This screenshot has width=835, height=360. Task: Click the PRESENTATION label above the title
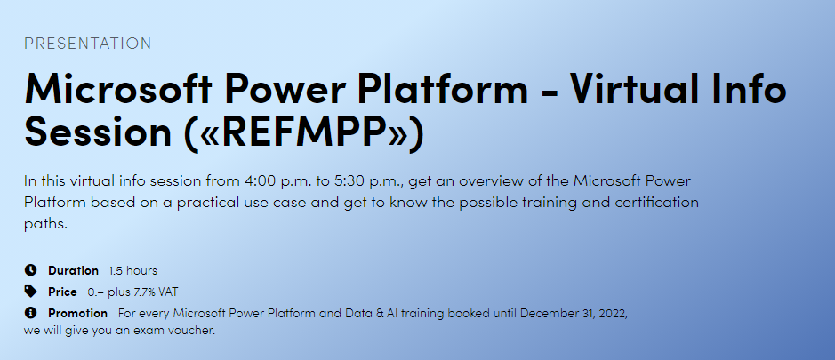(x=88, y=44)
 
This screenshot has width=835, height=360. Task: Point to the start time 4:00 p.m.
(x=278, y=181)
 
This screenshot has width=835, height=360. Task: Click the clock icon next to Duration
(x=30, y=270)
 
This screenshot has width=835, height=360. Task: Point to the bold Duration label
(x=73, y=270)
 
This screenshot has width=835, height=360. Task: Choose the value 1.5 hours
(x=132, y=270)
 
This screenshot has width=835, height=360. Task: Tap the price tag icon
(x=30, y=292)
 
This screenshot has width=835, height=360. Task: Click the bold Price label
(x=62, y=292)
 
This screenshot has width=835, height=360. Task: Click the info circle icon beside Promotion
(x=30, y=313)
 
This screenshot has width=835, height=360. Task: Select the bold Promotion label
(x=77, y=313)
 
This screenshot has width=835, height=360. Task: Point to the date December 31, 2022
(x=574, y=313)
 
